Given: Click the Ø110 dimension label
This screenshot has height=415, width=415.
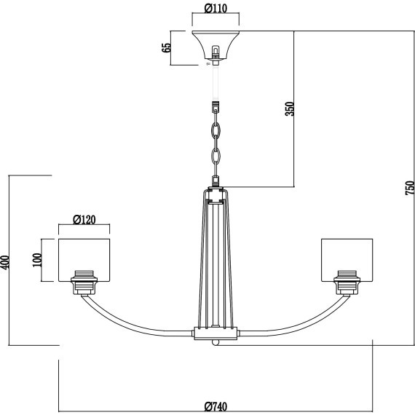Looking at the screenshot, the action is [216, 9].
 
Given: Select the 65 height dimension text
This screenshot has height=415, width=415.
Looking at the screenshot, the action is [167, 47].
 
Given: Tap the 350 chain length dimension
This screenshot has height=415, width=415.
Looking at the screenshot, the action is [289, 108].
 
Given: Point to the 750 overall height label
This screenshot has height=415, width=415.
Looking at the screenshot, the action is [409, 188].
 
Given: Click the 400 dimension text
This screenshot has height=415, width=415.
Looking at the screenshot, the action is [5, 262].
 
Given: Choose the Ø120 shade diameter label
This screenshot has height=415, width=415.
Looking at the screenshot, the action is [84, 219].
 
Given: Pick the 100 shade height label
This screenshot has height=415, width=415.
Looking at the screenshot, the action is [37, 260].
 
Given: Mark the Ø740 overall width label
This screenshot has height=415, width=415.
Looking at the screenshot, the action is [216, 406].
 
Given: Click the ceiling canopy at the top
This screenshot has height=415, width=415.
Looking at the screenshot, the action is [216, 45].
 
